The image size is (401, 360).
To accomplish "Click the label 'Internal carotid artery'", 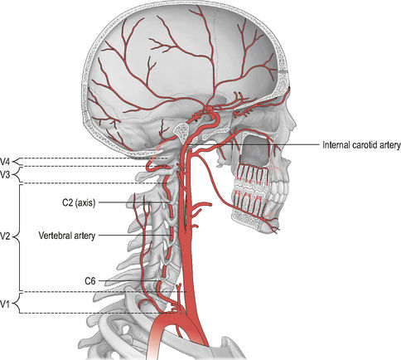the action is click(x=361, y=145).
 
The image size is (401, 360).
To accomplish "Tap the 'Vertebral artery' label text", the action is click(x=67, y=236).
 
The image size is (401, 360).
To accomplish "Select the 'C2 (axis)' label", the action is click(x=79, y=203).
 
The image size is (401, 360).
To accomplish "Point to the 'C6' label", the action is click(x=90, y=281).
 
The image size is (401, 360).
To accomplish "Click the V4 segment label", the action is click(x=5, y=161).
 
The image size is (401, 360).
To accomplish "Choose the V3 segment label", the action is click(x=5, y=175).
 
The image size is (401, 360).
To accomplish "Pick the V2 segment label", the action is click(x=5, y=236).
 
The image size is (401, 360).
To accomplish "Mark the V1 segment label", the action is click(x=5, y=304).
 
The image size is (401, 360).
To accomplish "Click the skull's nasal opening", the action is click(x=255, y=148).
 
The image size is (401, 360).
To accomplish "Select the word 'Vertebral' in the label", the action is click(x=54, y=236).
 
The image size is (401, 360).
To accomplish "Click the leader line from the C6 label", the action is click(x=128, y=281).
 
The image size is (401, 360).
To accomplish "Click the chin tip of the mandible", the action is click(x=276, y=230).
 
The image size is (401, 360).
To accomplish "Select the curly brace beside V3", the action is click(x=17, y=175).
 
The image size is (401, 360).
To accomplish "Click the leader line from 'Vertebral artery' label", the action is click(x=135, y=236).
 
